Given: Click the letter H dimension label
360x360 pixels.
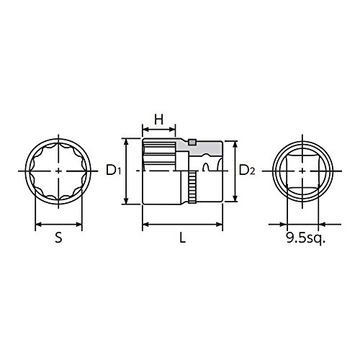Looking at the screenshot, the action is (x=158, y=120).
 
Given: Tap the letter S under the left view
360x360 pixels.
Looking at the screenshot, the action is (x=58, y=238).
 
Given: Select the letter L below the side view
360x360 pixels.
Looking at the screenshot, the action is (x=183, y=238).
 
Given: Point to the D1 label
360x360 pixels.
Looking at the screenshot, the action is (x=114, y=171).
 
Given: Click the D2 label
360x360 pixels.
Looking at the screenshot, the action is (x=247, y=171).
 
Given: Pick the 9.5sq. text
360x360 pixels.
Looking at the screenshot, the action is (x=306, y=238).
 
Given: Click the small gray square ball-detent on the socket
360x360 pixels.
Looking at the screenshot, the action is (x=192, y=142).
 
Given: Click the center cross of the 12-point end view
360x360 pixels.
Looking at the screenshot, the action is (x=58, y=171).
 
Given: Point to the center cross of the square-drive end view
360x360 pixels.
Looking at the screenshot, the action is (x=302, y=171).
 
